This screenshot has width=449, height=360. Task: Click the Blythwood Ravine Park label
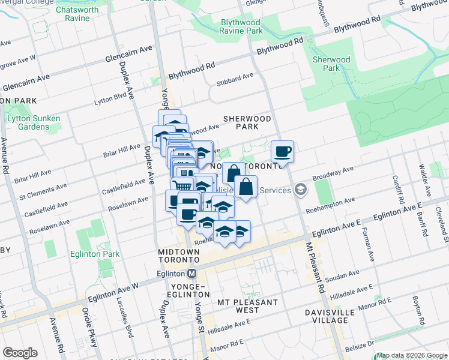pyautogui.click(x=242, y=26)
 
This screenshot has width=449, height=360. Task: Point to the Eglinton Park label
pyautogui.click(x=94, y=254)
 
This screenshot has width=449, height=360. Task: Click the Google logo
pyautogui.click(x=20, y=353)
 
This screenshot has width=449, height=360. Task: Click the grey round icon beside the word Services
pyautogui.click(x=301, y=190)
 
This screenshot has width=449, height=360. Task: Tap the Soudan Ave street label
pyautogui.click(x=342, y=274)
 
